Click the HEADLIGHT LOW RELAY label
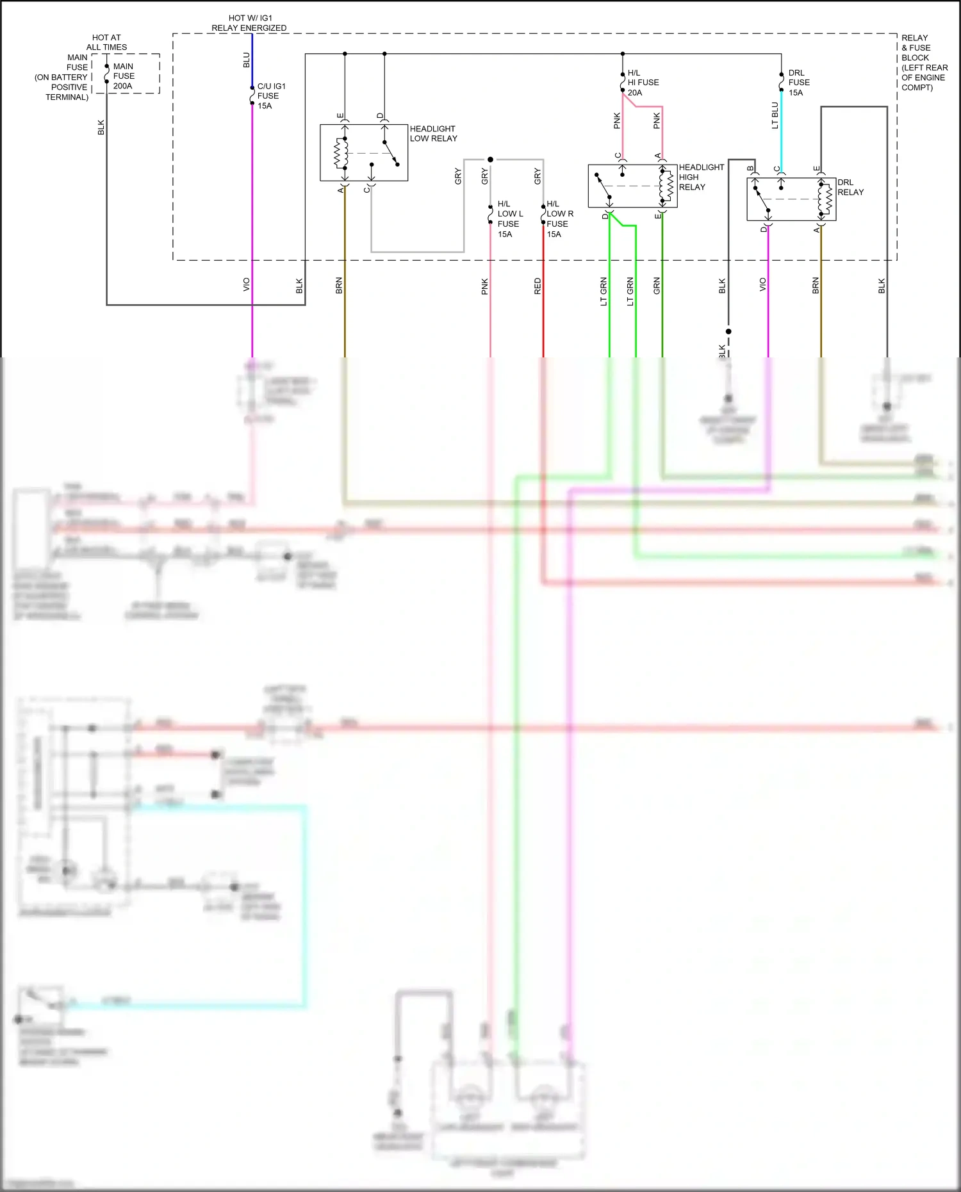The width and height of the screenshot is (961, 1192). tap(433, 133)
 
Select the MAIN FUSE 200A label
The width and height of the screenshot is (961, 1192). tap(123, 76)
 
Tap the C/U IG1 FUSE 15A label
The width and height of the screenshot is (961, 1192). tap(270, 95)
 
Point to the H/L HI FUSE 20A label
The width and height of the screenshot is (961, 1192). tap(643, 83)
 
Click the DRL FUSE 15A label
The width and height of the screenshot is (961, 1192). tap(798, 83)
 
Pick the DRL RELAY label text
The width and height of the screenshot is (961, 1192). tap(850, 187)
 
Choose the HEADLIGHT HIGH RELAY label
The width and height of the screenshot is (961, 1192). tap(700, 177)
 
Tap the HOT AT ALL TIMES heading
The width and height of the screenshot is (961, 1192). tap(106, 42)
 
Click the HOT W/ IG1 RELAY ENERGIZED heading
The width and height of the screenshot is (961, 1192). tap(249, 23)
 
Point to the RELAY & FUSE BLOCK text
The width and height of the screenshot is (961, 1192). tap(923, 62)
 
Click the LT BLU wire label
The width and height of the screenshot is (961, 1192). tap(775, 115)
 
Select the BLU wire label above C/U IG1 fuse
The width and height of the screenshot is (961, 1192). tap(246, 60)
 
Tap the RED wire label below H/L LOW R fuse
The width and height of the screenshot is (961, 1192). tap(538, 286)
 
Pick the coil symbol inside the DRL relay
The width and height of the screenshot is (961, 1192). tap(826, 199)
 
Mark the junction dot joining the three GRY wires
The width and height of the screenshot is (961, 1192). tap(490, 159)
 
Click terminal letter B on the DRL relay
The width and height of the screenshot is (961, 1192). tap(750, 168)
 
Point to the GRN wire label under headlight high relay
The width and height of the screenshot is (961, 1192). tap(657, 286)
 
